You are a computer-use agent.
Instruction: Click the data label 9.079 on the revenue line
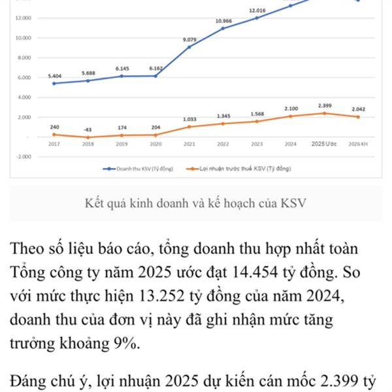coord(189,40)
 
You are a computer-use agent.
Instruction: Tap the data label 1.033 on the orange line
coord(189,119)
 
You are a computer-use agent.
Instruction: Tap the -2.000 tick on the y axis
coord(22,157)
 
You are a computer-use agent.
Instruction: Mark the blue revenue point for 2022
coord(223,28)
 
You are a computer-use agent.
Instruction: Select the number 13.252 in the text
coord(166,297)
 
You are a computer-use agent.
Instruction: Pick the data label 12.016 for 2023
coord(257,11)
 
